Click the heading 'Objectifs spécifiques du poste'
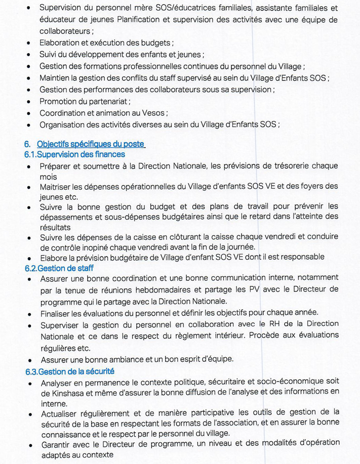[x=91, y=145]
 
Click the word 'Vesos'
[x=153, y=113]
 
